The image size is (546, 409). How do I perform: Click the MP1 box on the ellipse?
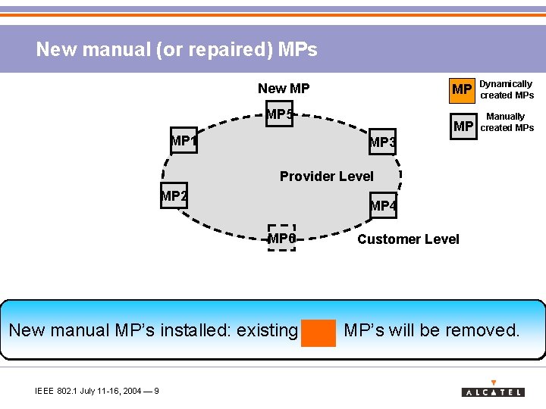(x=184, y=140)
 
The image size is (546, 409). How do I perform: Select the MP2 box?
(x=174, y=196)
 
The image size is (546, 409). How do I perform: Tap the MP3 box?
(x=382, y=142)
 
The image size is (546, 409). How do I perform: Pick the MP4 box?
(x=383, y=205)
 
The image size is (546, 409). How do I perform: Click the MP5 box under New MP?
(x=279, y=114)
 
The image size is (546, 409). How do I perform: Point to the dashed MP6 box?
(x=281, y=238)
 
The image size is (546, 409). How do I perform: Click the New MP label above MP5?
(x=284, y=89)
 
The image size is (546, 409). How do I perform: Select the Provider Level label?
(x=326, y=176)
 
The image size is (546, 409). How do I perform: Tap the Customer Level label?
(x=408, y=239)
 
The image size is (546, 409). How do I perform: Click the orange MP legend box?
(x=462, y=89)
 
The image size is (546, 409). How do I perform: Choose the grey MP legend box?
(x=462, y=126)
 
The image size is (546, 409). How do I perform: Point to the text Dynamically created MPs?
(x=507, y=89)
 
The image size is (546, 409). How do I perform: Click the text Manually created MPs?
(x=507, y=122)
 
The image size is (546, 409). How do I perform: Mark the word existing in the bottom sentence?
(x=267, y=330)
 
